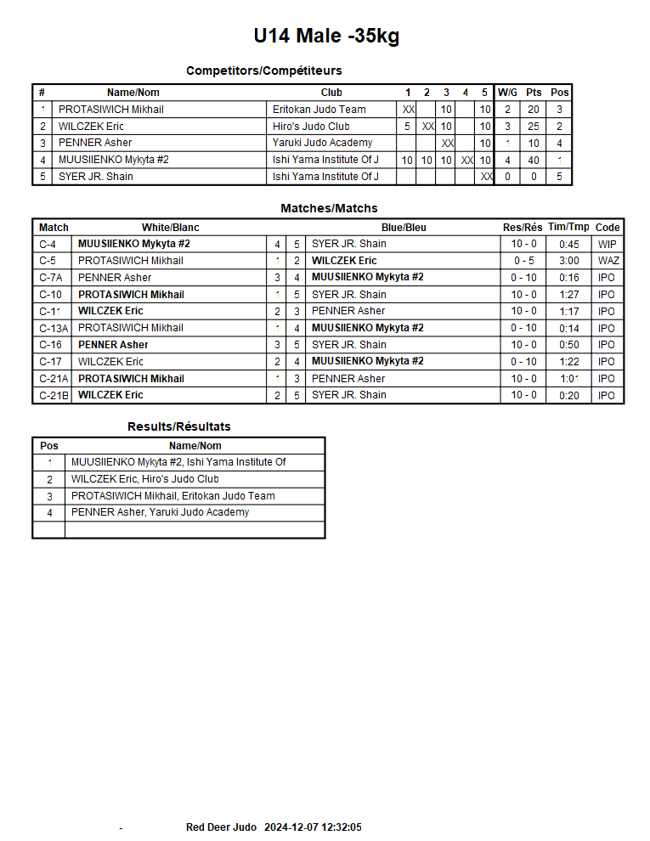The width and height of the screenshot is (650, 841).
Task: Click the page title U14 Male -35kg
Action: pos(326,37)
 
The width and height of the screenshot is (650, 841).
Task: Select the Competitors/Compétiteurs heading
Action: pos(264,71)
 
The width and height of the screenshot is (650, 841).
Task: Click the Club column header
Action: pos(331,93)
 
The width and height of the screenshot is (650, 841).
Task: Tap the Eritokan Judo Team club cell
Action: pos(319,110)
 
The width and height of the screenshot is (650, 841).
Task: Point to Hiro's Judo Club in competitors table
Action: pos(311,127)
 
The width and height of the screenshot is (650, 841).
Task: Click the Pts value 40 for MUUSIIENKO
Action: pos(534,161)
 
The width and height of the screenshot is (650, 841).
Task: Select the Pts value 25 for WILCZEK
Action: pos(534,127)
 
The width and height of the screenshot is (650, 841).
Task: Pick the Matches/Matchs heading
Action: pos(329,208)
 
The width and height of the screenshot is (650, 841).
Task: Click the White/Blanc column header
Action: pos(171,228)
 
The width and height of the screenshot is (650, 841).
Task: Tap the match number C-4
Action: pos(48,245)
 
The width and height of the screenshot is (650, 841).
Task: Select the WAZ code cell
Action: pos(608,261)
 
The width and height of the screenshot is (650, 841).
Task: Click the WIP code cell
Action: pos(608,245)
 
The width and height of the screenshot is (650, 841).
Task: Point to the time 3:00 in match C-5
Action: pos(569,261)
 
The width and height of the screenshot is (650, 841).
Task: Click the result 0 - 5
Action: pos(523,261)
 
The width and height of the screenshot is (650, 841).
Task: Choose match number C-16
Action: pos(51,345)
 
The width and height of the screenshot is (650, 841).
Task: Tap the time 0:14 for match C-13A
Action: pos(569,328)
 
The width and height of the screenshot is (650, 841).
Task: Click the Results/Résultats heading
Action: pos(179,426)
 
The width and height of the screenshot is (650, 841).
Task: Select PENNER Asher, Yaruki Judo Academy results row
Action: pos(161,512)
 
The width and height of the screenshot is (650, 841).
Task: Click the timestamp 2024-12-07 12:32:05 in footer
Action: pos(314,827)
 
